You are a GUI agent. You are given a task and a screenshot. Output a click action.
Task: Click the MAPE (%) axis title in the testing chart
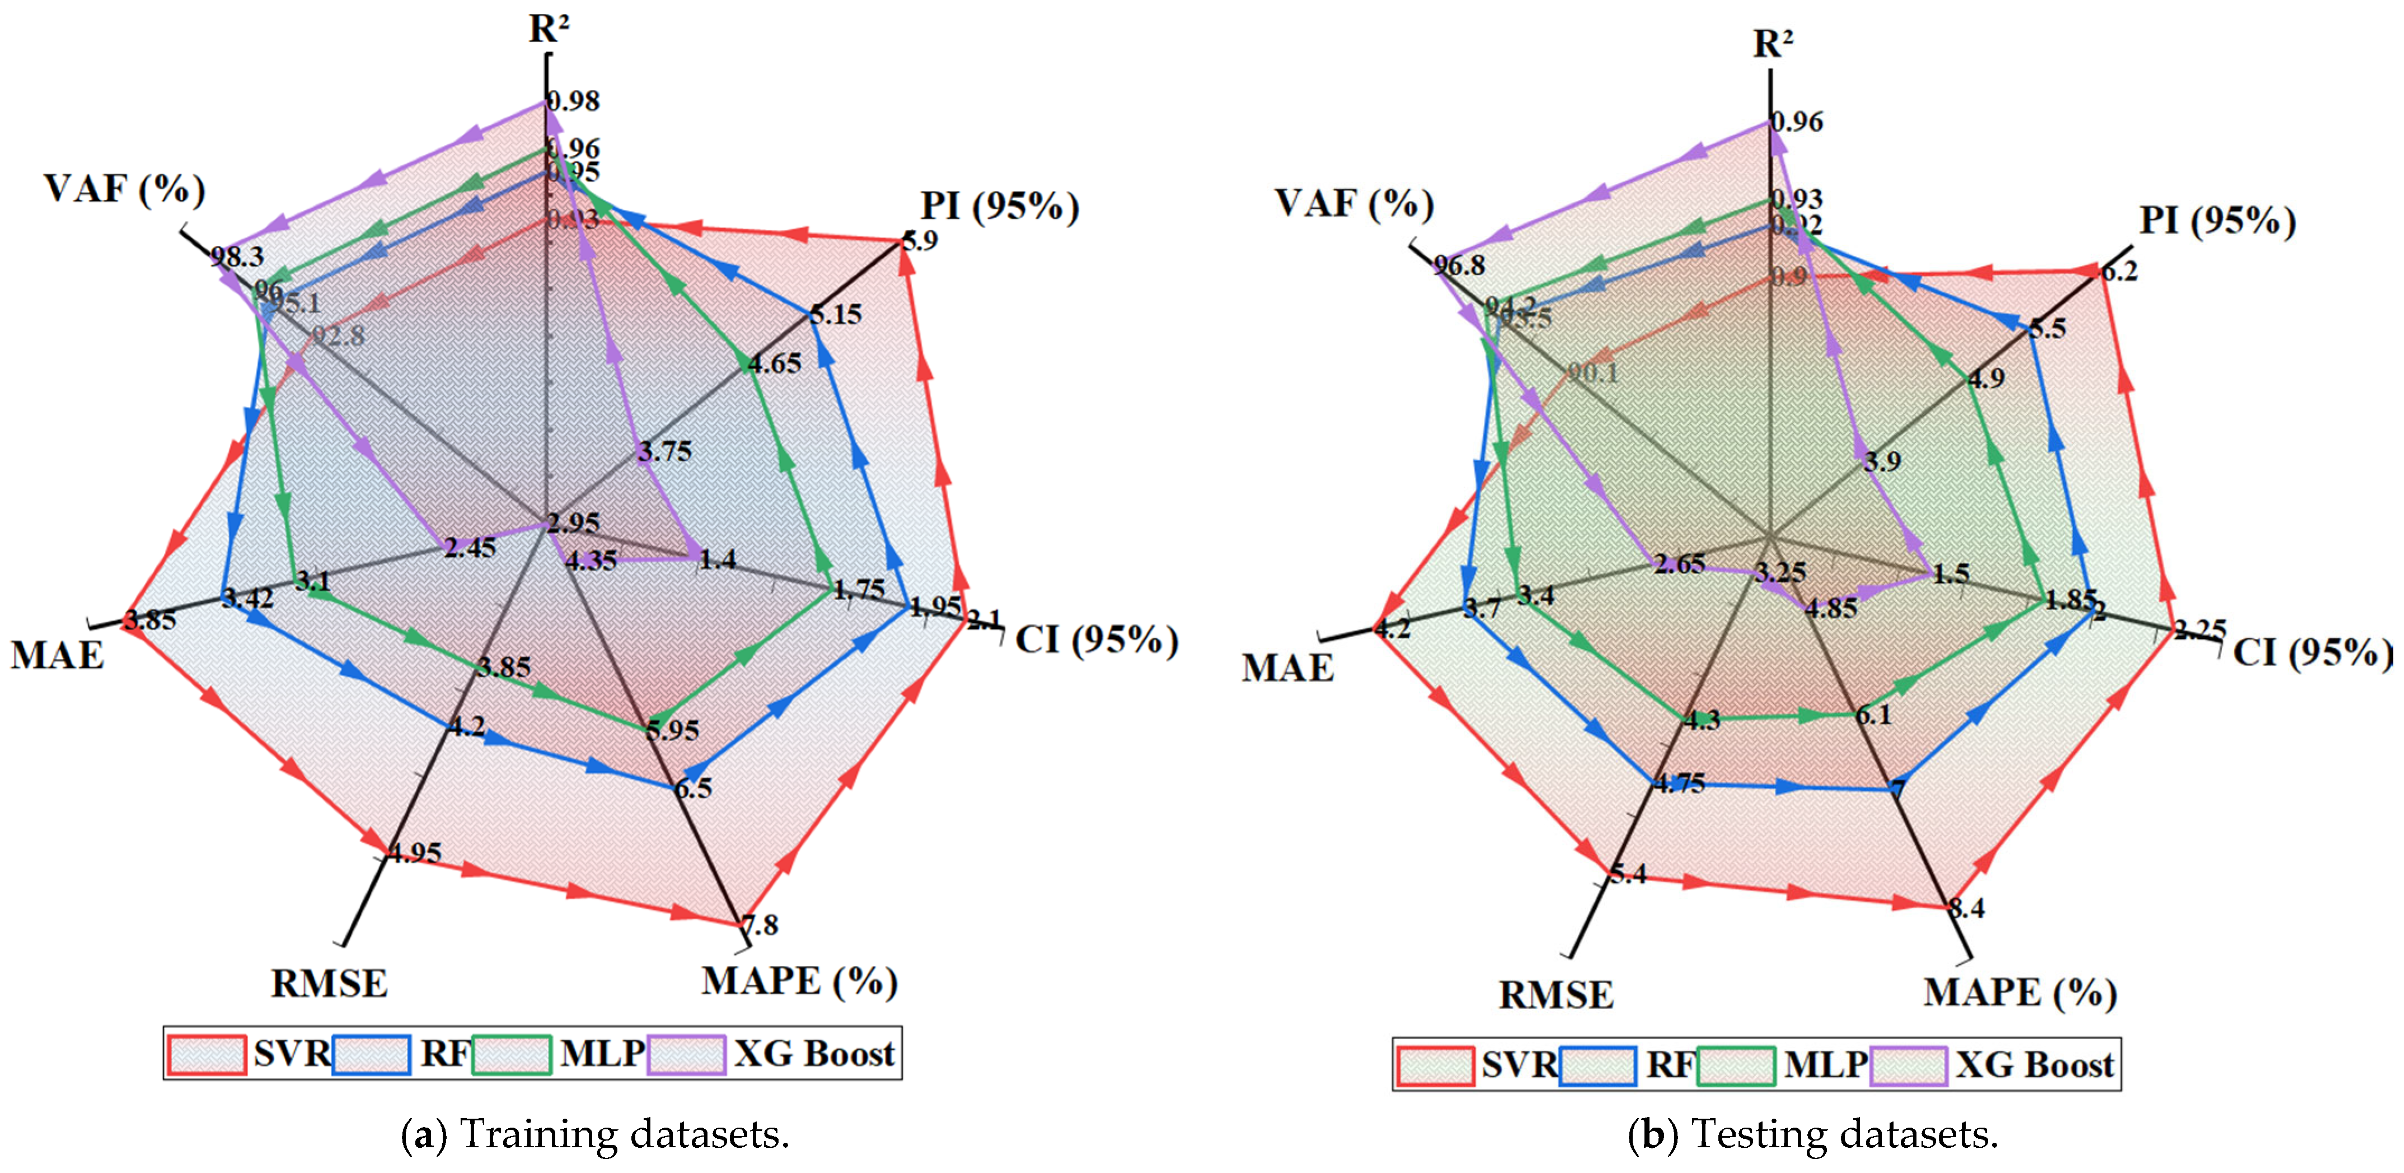(x=2019, y=992)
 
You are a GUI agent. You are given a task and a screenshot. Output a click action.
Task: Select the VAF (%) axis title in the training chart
(x=124, y=189)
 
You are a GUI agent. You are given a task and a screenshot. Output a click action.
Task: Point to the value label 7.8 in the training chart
(x=760, y=925)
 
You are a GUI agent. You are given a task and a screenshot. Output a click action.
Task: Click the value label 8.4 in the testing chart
(x=1967, y=908)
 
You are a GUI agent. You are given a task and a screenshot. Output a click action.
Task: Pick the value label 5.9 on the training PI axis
(x=919, y=241)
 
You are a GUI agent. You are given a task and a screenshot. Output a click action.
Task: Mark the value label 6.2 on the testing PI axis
(x=2119, y=272)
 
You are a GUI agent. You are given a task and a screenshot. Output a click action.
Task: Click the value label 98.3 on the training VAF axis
(x=236, y=256)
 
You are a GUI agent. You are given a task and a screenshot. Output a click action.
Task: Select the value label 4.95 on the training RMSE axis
(x=414, y=852)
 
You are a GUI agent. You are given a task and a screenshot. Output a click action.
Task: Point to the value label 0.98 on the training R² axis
(x=573, y=101)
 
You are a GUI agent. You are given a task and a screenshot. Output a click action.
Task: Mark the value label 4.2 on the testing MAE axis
(x=1393, y=628)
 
